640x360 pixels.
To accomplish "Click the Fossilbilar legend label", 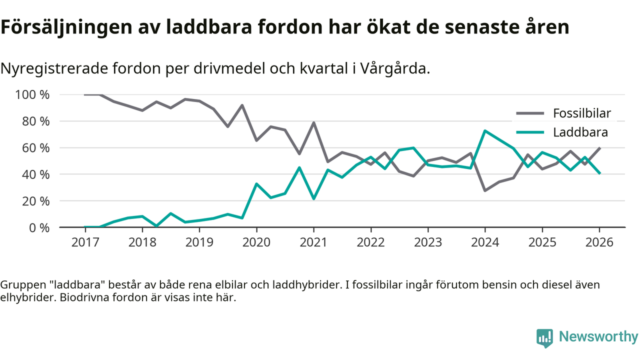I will point(581,113).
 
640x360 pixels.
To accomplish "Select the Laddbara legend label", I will point(580,132).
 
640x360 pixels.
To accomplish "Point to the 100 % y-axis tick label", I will point(33,94).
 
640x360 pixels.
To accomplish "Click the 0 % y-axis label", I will point(39,227).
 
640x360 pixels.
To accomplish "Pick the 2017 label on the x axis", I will point(85,242).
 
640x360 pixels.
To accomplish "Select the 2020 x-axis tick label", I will point(256,242).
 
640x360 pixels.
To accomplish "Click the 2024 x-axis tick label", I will point(485,242).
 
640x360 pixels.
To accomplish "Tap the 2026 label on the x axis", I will point(599,242).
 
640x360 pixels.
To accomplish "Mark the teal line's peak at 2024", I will point(485,131).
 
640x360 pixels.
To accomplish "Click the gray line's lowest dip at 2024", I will point(485,190).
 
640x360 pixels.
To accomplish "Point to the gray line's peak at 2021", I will point(313,122).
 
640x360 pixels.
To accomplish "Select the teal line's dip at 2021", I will point(313,198).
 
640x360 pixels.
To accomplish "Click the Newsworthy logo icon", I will point(544,337).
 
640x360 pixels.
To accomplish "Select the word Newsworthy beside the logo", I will point(598,337).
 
